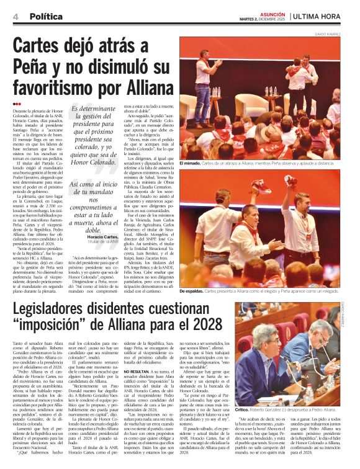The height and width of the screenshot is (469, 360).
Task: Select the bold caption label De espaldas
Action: pos(192,291)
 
